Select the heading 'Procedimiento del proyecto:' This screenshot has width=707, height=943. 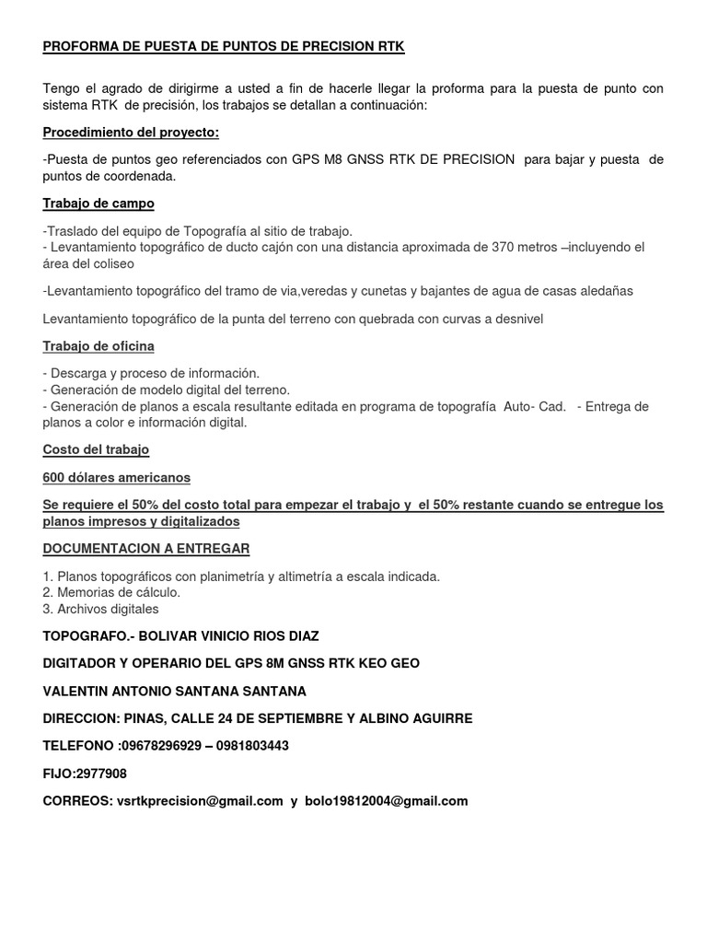(131, 133)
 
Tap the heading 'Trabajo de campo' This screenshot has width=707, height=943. (99, 203)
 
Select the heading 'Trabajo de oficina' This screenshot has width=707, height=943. (99, 346)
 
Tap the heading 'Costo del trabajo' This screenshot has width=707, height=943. (96, 450)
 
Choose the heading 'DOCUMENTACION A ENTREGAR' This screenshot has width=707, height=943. (146, 548)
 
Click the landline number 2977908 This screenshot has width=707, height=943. (100, 774)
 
